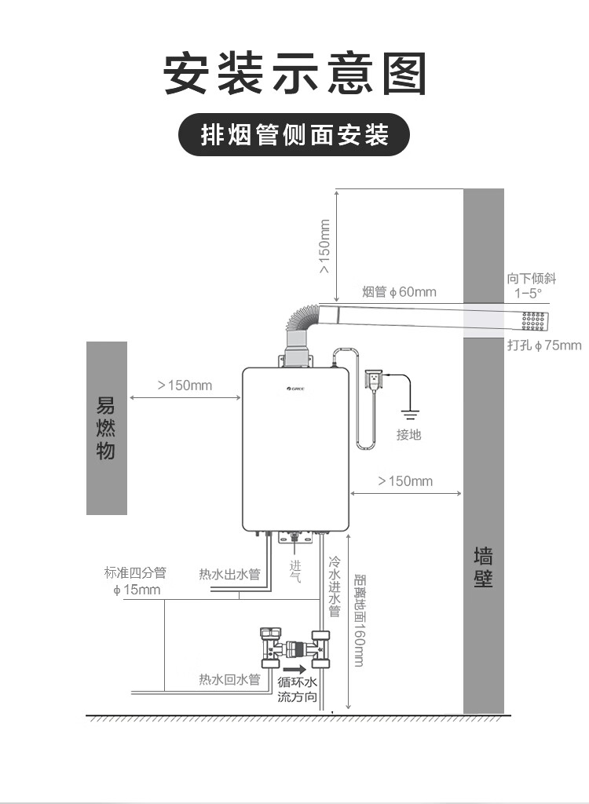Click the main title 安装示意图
pos(294,75)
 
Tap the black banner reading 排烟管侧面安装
pos(294,136)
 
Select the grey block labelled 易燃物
pos(106,428)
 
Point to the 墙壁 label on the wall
pos(483,568)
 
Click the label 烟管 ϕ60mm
pos(399,292)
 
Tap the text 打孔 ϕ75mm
pos(544,345)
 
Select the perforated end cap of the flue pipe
pos(534,320)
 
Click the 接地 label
pos(408,434)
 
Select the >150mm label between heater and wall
pos(405,481)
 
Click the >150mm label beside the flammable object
pos(185,385)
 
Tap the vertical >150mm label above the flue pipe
pos(324,246)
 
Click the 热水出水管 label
pos(229,575)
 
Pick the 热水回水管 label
pos(229,680)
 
